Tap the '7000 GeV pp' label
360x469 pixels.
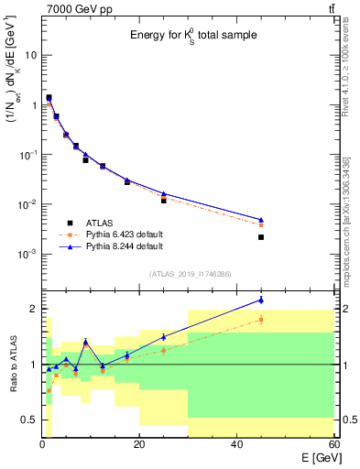tap(74, 8)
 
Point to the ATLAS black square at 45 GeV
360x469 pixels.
tap(261, 237)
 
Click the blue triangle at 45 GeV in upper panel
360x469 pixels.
tap(261, 220)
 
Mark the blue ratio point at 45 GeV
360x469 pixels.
tap(261, 300)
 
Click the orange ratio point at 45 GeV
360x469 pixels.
tap(261, 319)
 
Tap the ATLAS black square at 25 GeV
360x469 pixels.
tap(163, 200)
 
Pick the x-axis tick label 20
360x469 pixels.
tap(139, 445)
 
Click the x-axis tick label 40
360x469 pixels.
tap(236, 445)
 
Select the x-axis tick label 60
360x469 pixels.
tap(333, 445)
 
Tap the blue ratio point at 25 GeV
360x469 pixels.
tap(163, 337)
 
